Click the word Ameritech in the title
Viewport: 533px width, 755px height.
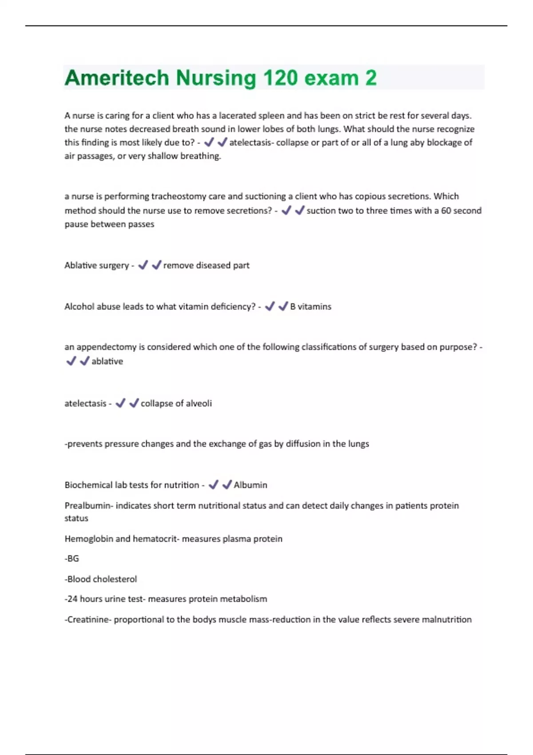(x=116, y=78)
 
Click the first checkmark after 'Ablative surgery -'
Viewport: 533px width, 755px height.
(x=143, y=265)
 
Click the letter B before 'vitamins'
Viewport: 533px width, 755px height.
(x=293, y=306)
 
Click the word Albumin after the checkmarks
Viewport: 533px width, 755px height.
(x=251, y=485)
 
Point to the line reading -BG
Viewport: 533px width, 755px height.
(x=72, y=559)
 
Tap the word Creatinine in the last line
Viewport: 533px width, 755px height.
(x=88, y=620)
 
